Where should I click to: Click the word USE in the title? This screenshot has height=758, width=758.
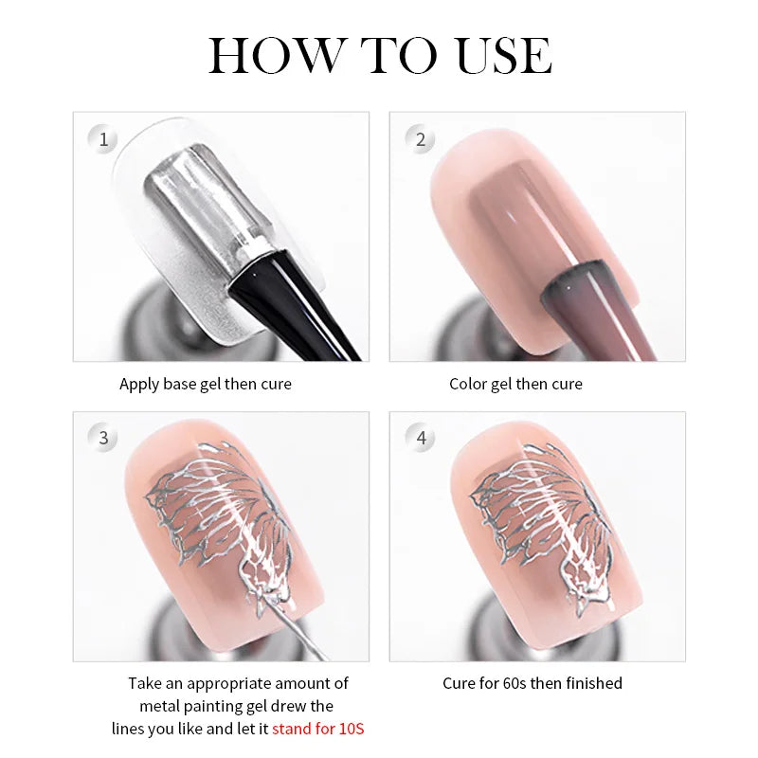pyautogui.click(x=504, y=55)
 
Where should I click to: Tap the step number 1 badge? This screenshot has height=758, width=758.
pyautogui.click(x=103, y=139)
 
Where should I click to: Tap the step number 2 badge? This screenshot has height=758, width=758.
pyautogui.click(x=420, y=139)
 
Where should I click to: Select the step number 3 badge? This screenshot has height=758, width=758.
pyautogui.click(x=103, y=438)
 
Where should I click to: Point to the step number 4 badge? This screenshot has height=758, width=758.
pyautogui.click(x=420, y=438)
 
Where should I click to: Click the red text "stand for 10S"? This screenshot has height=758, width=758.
pyautogui.click(x=317, y=729)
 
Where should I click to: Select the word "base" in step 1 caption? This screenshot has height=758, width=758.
pyautogui.click(x=179, y=384)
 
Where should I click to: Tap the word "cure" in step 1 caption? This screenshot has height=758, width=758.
pyautogui.click(x=276, y=385)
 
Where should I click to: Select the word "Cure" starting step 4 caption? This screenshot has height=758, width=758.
pyautogui.click(x=458, y=683)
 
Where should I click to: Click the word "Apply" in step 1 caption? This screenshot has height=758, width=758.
pyautogui.click(x=139, y=385)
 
